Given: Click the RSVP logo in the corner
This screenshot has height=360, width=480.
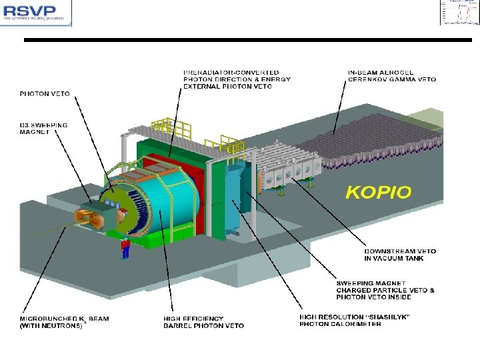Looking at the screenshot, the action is coord(36,12).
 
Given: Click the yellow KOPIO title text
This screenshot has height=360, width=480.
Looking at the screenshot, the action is coord(378,193).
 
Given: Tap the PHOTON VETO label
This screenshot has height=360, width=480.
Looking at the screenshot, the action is coord(44,94).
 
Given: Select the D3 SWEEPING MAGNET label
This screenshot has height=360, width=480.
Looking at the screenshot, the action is coord(44,129).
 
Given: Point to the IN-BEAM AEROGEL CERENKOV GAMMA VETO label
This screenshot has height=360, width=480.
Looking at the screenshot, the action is coord(391,76).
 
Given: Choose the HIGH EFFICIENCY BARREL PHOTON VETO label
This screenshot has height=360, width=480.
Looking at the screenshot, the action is coord(203,323).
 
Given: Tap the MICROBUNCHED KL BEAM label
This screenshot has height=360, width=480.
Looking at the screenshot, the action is coord(64,323).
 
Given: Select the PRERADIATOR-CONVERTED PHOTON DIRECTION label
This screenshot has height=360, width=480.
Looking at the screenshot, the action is coord(237,79).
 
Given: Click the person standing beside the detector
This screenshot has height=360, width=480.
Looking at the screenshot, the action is coord(125,247).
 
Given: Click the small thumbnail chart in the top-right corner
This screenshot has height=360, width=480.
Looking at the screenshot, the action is coord(459,13).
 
